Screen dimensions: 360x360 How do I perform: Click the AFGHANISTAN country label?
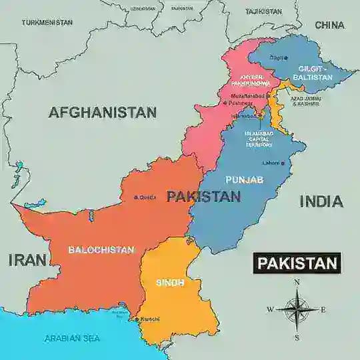click(x=102, y=113)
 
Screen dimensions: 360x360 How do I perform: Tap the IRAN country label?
click(x=27, y=260)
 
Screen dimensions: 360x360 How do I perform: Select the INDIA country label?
click(x=321, y=201)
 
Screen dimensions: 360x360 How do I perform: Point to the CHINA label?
click(x=329, y=25)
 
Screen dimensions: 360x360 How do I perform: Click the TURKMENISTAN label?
click(x=47, y=22)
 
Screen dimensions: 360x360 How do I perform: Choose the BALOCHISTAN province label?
click(x=101, y=250)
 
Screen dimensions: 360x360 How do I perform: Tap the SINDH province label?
click(x=170, y=282)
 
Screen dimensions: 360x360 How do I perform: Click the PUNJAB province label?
click(x=244, y=180)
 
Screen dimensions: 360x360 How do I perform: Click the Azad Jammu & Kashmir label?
click(x=305, y=101)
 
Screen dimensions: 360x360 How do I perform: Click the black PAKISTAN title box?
click(x=297, y=263)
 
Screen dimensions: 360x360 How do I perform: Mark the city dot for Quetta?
click(x=136, y=197)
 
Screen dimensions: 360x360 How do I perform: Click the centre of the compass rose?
click(x=296, y=309)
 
